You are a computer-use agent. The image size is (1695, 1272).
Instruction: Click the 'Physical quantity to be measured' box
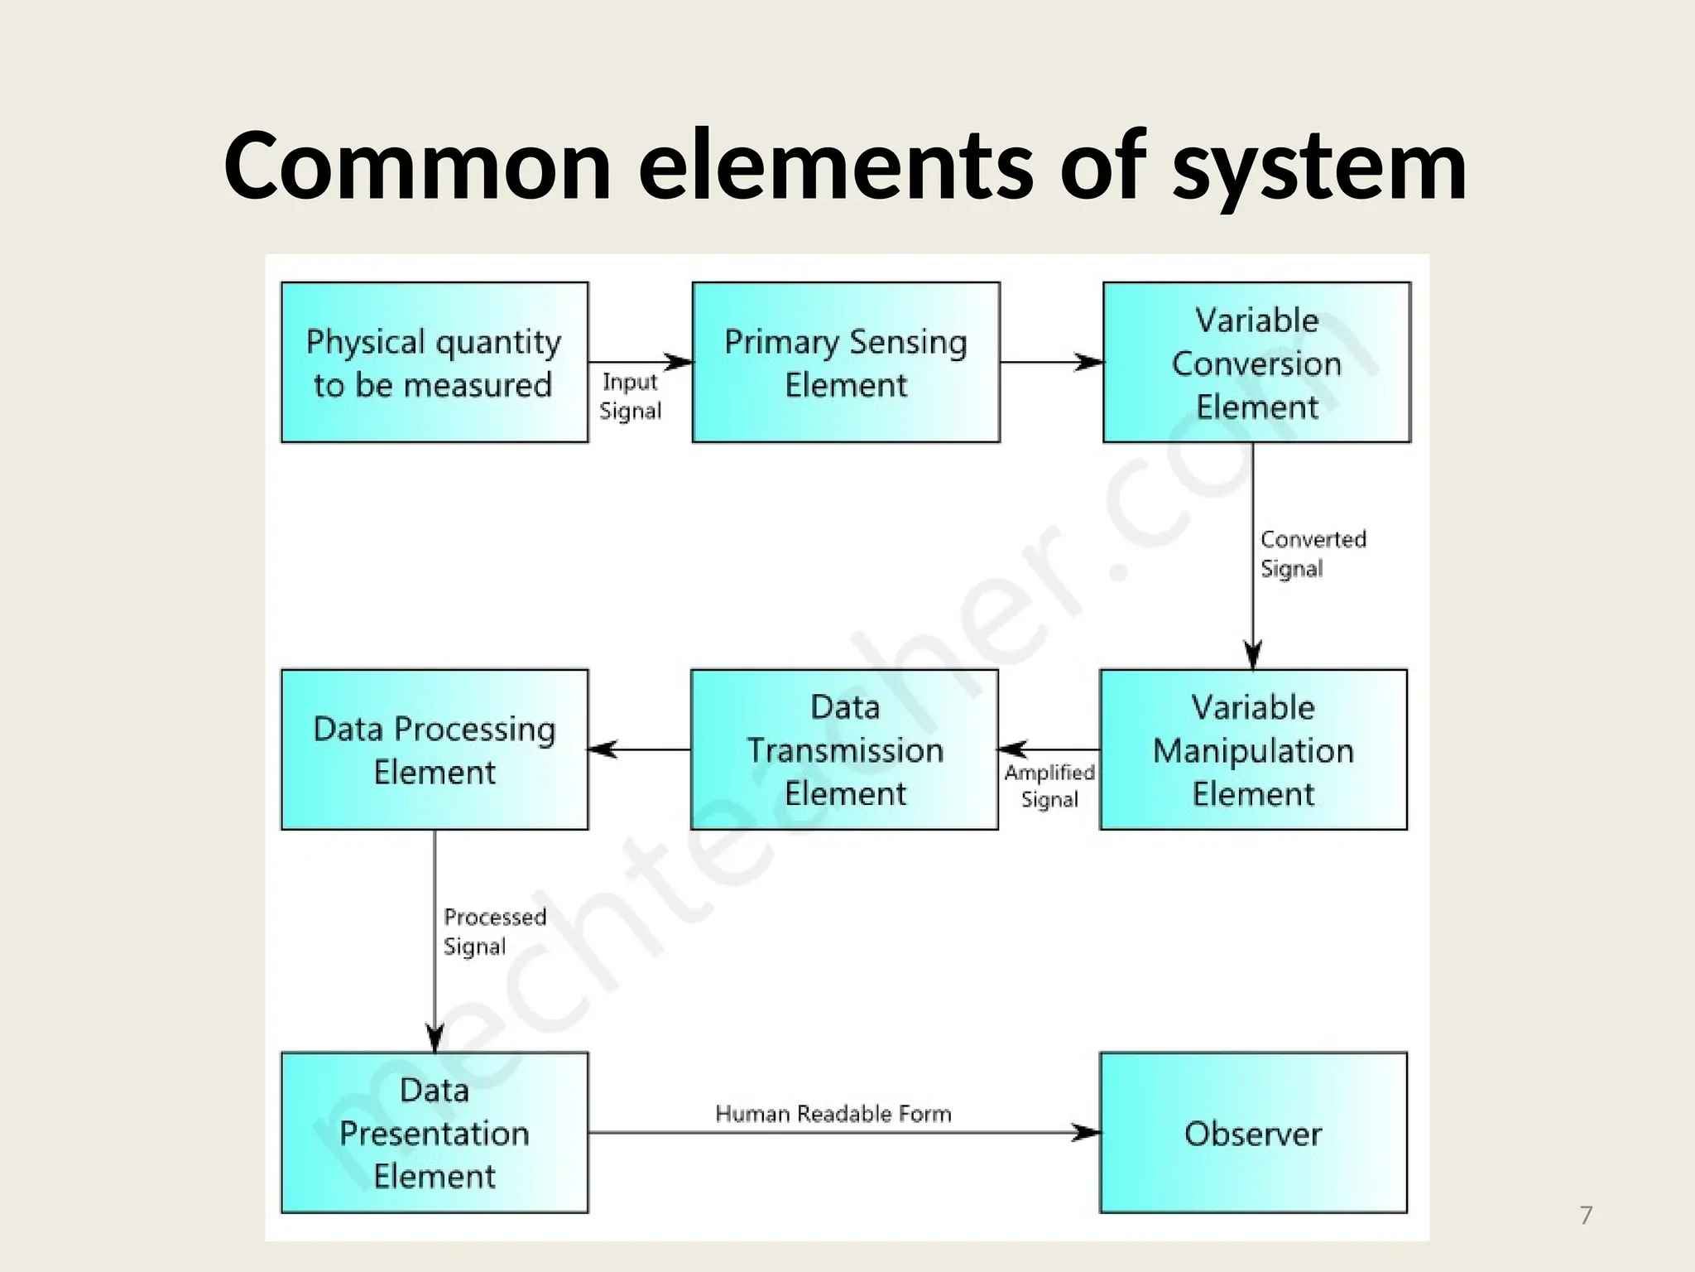point(435,363)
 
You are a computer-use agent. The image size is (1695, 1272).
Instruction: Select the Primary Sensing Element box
point(846,363)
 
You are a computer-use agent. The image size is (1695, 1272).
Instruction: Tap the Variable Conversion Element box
point(1256,363)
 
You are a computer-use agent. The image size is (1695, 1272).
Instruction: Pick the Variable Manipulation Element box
point(1253,750)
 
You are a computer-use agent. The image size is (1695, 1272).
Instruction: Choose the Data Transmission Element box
point(844,750)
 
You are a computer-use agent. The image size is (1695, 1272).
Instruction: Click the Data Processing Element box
point(435,750)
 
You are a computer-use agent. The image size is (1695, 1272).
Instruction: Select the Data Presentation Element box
point(435,1133)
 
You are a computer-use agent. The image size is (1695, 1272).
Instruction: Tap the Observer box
point(1253,1133)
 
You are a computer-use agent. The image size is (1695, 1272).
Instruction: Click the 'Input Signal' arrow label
point(630,397)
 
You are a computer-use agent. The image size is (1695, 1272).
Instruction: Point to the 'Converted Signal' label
point(1312,554)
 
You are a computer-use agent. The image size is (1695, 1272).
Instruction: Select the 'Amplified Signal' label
point(1049,786)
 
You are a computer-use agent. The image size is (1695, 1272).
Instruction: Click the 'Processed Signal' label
point(494,932)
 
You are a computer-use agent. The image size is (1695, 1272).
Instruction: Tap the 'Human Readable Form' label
point(833,1114)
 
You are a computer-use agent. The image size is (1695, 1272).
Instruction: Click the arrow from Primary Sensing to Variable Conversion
point(1051,362)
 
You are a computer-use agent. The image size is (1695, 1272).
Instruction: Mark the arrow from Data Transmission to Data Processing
point(639,749)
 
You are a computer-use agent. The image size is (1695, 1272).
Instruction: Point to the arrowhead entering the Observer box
point(1086,1133)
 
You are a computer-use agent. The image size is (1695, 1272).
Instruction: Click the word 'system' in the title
point(1320,168)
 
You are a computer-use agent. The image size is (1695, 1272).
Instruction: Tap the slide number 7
point(1586,1216)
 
